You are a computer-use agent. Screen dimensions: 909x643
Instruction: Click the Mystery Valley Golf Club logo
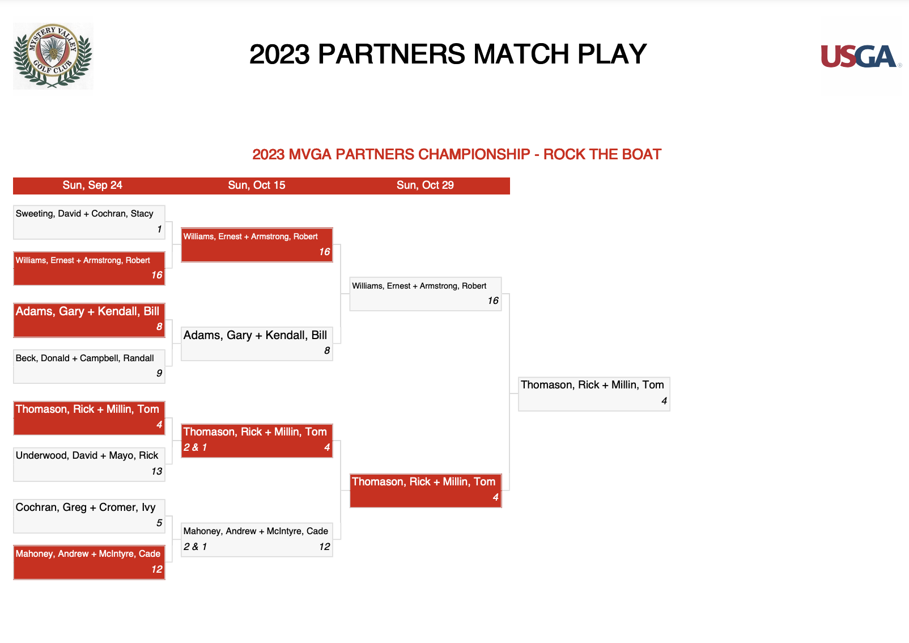tap(53, 56)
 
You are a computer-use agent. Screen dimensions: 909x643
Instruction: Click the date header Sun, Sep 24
tap(92, 185)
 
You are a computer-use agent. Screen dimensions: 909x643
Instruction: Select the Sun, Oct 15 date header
tap(257, 185)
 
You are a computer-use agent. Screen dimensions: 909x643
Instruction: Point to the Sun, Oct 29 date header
tap(425, 185)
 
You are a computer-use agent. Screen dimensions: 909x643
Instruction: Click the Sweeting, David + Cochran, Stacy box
tap(90, 222)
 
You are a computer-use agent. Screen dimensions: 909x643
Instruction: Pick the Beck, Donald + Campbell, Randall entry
tap(90, 366)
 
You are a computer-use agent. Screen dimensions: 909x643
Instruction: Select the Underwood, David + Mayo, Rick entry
tap(90, 464)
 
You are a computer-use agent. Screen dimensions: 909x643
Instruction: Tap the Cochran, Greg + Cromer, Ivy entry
tap(90, 516)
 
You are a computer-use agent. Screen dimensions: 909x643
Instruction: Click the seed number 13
tap(156, 471)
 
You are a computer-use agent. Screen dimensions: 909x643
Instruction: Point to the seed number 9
tap(159, 373)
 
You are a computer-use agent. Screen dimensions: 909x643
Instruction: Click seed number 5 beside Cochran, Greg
tap(159, 523)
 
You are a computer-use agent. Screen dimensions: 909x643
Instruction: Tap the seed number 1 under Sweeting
tap(159, 229)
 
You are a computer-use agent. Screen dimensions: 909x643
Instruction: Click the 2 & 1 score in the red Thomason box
tap(195, 447)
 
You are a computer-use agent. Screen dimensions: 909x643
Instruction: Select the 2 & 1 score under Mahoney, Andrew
tap(195, 547)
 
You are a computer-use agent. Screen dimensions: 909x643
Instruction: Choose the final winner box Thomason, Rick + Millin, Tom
tap(594, 394)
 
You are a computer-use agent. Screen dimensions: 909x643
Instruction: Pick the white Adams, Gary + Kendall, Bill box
tap(257, 344)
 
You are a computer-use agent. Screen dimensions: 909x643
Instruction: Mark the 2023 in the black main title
tap(279, 54)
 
